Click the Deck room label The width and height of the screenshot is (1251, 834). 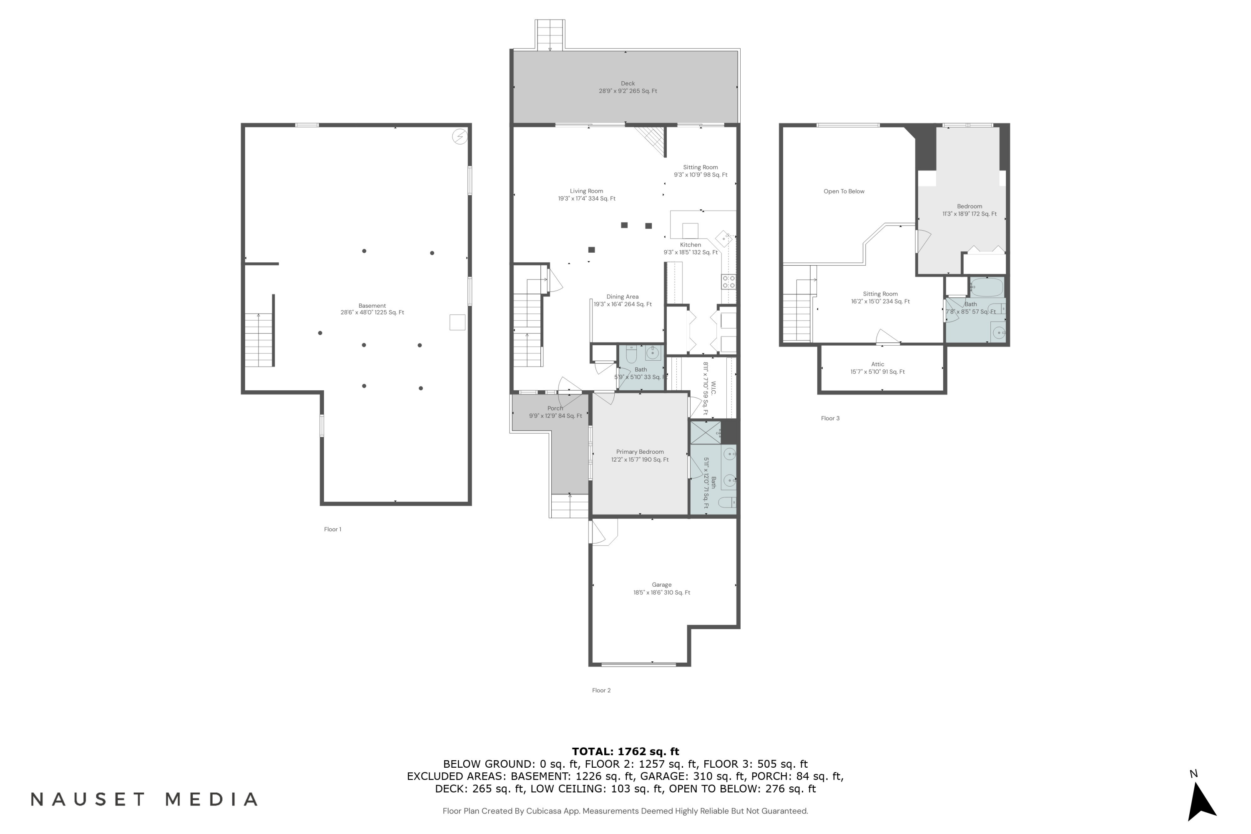pyautogui.click(x=628, y=87)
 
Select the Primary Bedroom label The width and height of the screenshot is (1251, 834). pyautogui.click(x=639, y=456)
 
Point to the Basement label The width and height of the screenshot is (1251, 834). pyautogui.click(x=372, y=309)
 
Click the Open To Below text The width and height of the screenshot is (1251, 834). pyautogui.click(x=844, y=191)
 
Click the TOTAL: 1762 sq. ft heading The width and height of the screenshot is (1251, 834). pyautogui.click(x=625, y=751)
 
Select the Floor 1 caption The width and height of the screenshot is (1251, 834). pyautogui.click(x=332, y=529)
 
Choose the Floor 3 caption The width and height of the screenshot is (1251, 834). pyautogui.click(x=830, y=419)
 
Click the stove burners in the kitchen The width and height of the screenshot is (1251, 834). pyautogui.click(x=728, y=282)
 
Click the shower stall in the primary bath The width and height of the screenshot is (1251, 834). pyautogui.click(x=705, y=432)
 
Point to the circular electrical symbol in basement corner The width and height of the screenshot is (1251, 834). pyautogui.click(x=460, y=137)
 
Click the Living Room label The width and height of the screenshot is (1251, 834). pyautogui.click(x=586, y=195)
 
